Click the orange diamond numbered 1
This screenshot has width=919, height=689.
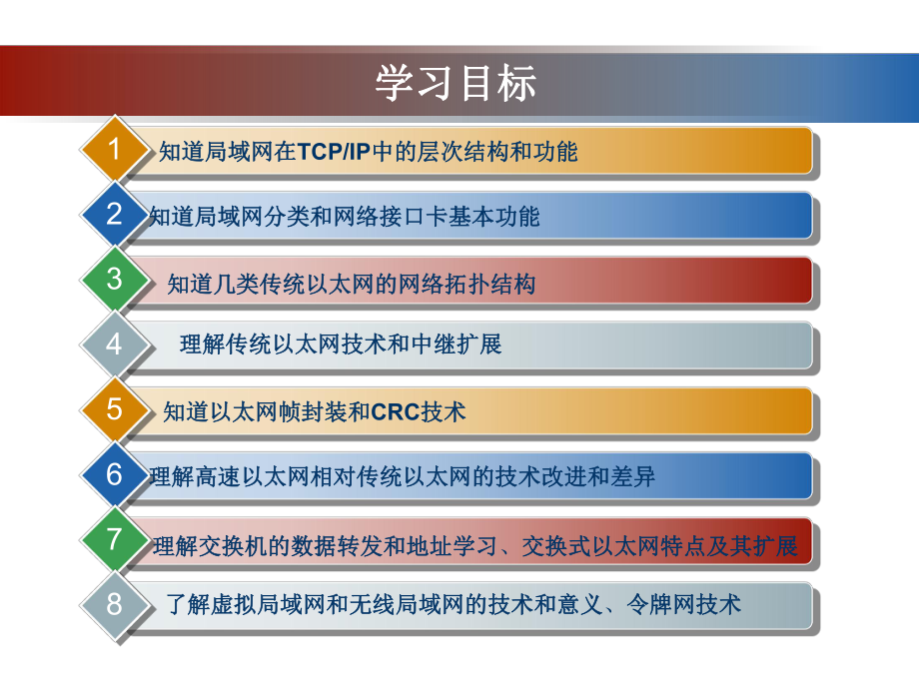pos(114,151)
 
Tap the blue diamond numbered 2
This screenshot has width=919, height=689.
pos(114,215)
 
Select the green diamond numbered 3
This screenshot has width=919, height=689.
pos(114,280)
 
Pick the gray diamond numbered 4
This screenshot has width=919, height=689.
pos(114,344)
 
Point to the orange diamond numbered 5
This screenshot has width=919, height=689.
pos(114,409)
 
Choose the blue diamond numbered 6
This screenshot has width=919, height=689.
pos(114,474)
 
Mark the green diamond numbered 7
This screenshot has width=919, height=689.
pos(114,539)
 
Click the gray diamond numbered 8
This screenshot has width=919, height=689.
pos(114,604)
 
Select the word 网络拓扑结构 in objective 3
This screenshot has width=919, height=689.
pos(466,285)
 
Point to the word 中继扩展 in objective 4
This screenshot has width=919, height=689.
pos(457,345)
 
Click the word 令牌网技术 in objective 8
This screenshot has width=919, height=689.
pos(683,604)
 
